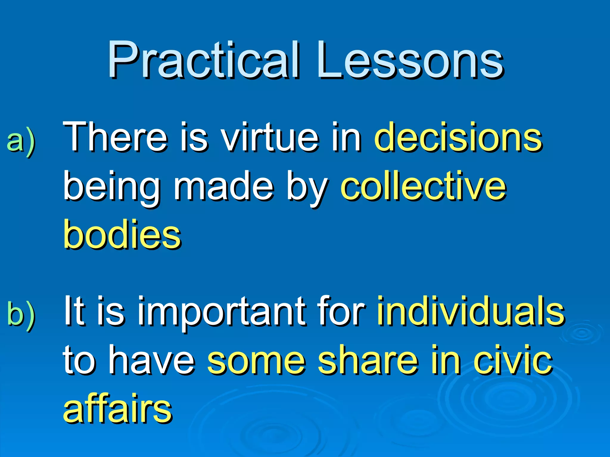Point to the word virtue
270,137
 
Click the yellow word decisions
458,137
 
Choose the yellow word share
367,360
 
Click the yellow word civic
513,360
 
